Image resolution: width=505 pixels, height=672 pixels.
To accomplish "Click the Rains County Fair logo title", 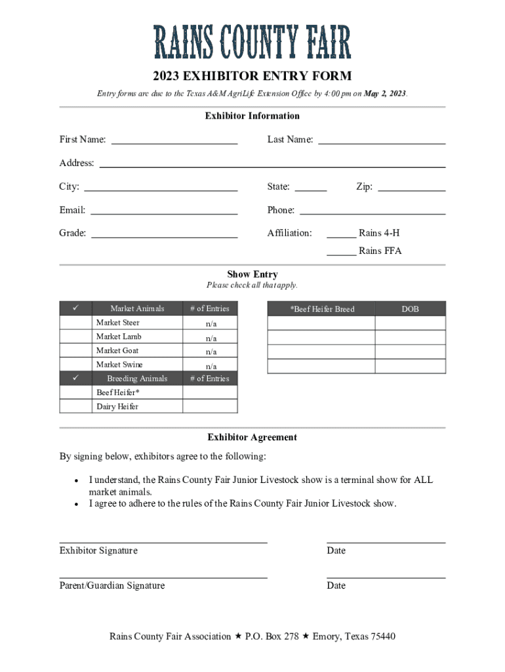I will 253,43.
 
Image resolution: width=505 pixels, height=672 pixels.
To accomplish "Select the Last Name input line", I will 382,140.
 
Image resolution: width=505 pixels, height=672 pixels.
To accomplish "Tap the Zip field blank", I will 412,187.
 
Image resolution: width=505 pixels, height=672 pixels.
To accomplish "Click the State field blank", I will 311,187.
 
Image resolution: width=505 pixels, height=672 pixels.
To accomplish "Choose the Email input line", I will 164,211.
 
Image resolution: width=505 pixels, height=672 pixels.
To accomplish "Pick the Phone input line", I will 373,211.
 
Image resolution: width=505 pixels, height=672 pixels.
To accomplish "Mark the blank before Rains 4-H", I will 342,234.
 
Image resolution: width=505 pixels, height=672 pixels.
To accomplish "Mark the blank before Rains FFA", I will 342,251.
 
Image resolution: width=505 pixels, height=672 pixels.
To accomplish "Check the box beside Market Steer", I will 75,323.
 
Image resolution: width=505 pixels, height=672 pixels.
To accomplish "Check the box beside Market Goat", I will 75,351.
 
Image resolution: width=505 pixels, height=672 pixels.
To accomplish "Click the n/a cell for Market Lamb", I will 211,337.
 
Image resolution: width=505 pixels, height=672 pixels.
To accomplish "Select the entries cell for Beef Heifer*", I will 211,392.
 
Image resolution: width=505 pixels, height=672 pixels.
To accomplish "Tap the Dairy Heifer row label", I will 117,407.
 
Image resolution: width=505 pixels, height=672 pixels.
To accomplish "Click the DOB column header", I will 410,309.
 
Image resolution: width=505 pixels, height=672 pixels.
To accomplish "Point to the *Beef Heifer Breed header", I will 322,309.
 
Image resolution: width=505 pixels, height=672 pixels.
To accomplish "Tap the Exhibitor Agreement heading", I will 253,438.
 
